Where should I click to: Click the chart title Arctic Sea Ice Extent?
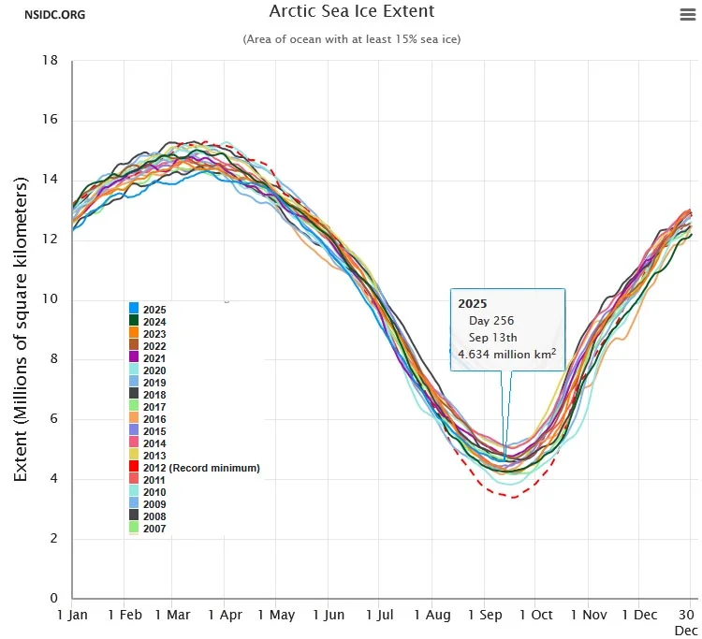pyautogui.click(x=351, y=12)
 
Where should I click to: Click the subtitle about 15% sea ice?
pyautogui.click(x=351, y=39)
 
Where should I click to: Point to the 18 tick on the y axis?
pyautogui.click(x=51, y=60)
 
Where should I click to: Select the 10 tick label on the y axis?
pyautogui.click(x=51, y=299)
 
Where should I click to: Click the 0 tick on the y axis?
pyautogui.click(x=55, y=599)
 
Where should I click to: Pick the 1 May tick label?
pyautogui.click(x=276, y=615)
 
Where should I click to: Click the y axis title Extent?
pyautogui.click(x=21, y=327)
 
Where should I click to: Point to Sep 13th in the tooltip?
pyautogui.click(x=492, y=337)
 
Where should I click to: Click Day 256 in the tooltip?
pyautogui.click(x=491, y=321)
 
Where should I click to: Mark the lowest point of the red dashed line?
pyautogui.click(x=511, y=496)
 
